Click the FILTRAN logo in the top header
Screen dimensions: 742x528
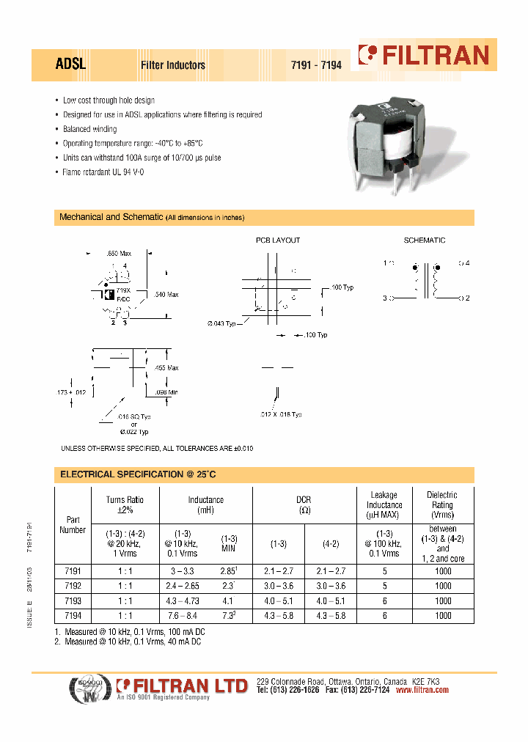pyautogui.click(x=423, y=56)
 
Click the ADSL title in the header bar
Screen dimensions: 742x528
pyautogui.click(x=71, y=65)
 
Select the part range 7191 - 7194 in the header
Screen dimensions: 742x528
pyautogui.click(x=317, y=65)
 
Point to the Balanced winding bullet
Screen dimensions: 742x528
pyautogui.click(x=89, y=129)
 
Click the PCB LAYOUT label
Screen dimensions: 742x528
pyautogui.click(x=277, y=240)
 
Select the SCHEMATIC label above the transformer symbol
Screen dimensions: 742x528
pyautogui.click(x=425, y=240)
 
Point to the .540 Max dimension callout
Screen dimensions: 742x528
pyautogui.click(x=166, y=295)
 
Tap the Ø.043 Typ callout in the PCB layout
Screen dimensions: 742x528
pyautogui.click(x=221, y=323)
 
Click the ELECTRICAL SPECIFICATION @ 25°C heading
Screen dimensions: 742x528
pyautogui.click(x=138, y=475)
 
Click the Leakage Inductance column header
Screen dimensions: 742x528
pyautogui.click(x=384, y=505)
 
